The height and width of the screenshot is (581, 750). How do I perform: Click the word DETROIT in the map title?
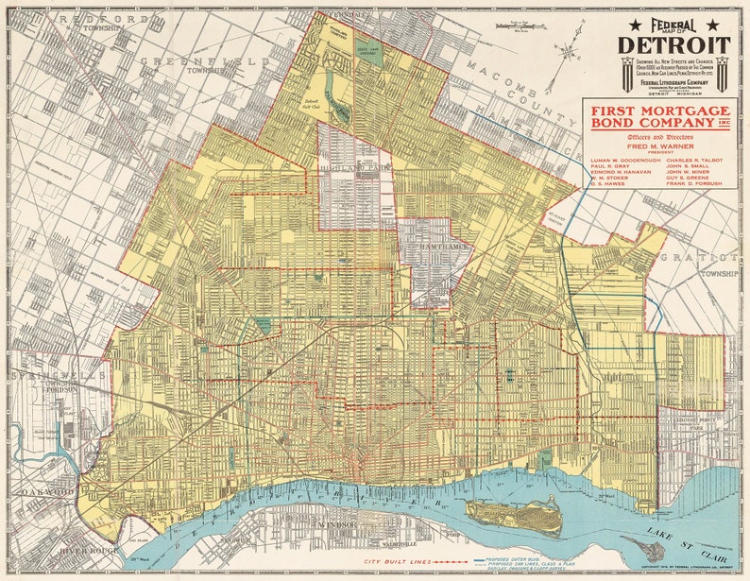[674, 44]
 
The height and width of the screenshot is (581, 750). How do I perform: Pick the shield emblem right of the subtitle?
[722, 73]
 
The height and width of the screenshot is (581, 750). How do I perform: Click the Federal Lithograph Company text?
[673, 81]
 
